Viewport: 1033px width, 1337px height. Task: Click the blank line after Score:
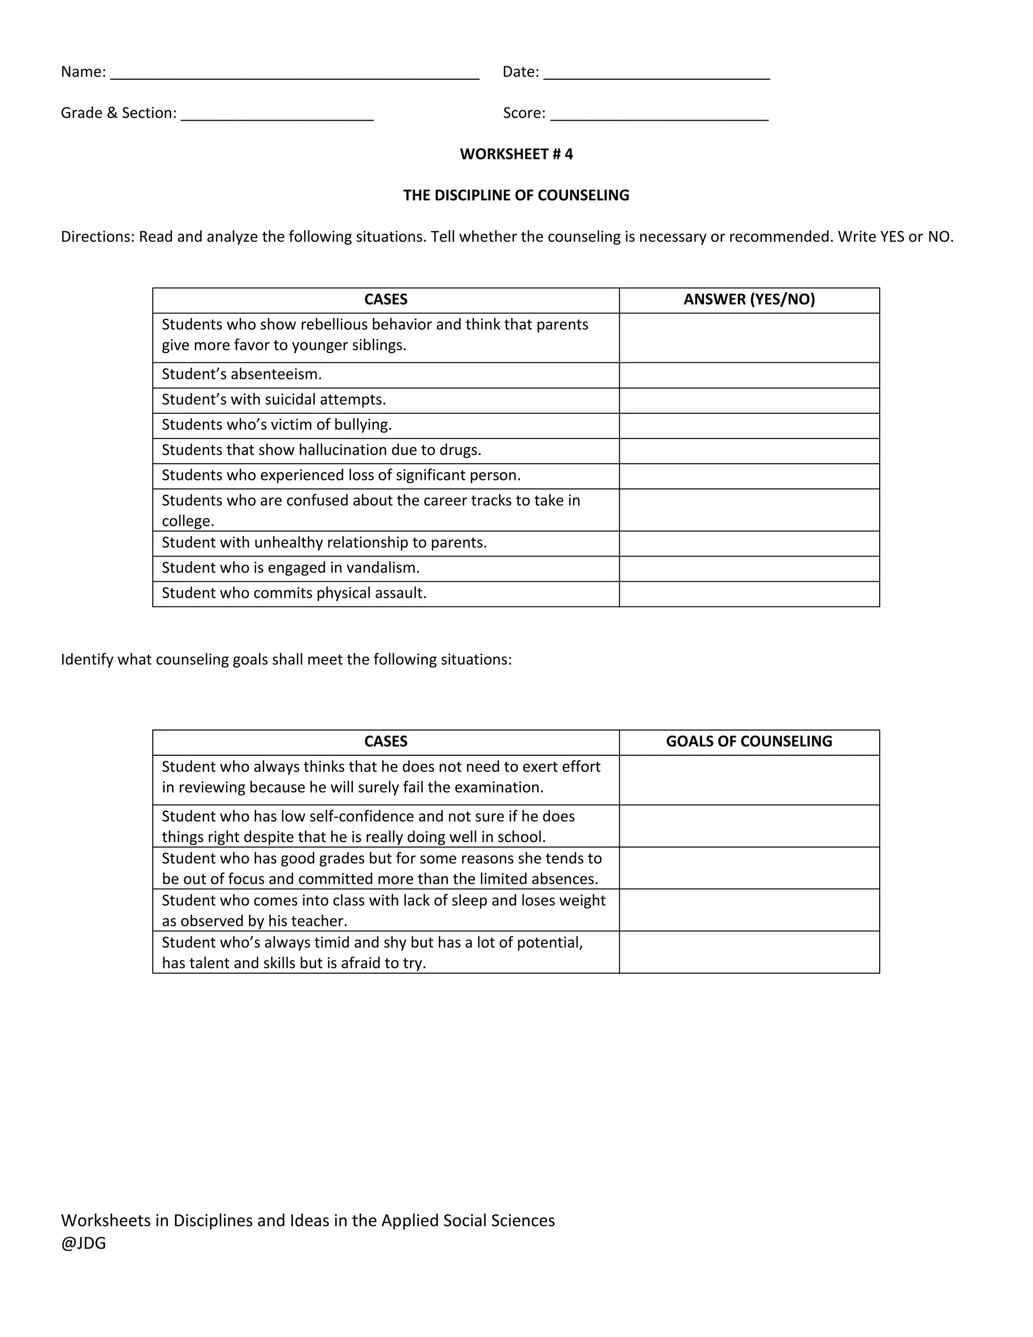[659, 117]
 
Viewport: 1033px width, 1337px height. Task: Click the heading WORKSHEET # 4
[516, 154]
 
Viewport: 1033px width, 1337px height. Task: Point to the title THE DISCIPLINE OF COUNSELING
[516, 195]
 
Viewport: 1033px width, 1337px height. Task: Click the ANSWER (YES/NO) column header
[749, 299]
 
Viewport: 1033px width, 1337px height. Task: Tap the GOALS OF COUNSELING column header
[749, 741]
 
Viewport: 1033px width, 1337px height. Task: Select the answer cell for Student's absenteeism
[749, 375]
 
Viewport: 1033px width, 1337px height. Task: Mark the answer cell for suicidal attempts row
[749, 401]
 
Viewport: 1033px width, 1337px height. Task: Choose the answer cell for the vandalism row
[749, 568]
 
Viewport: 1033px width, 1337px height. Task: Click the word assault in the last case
[401, 593]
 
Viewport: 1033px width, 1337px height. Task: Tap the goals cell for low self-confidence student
[749, 826]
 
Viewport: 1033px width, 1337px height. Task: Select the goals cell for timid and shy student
[749, 952]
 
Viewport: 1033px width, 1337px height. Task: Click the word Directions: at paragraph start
[97, 237]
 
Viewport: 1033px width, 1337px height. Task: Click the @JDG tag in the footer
[83, 1243]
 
